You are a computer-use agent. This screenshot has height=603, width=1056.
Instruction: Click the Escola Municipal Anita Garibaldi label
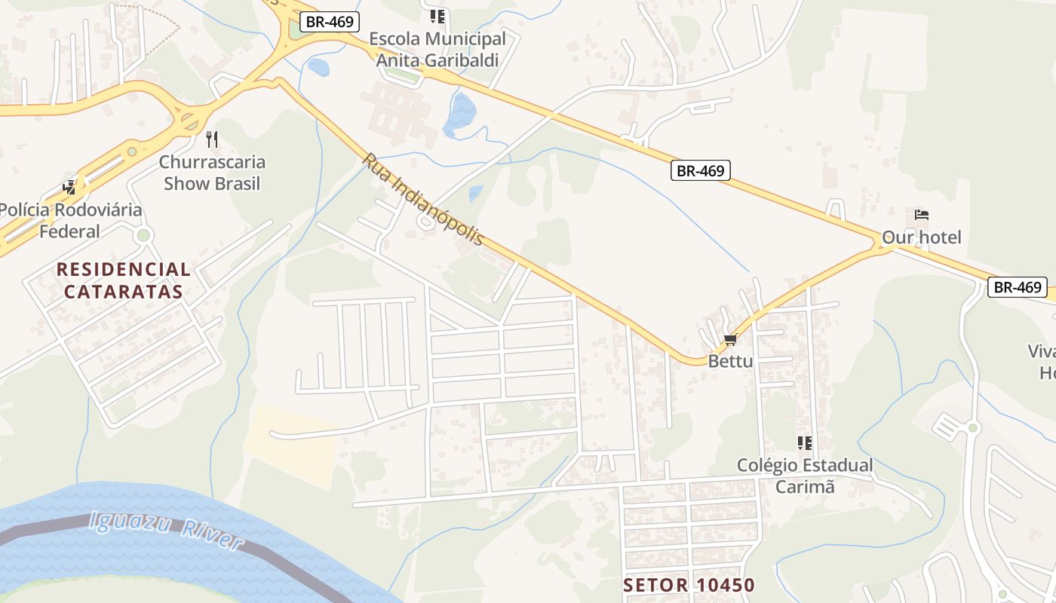click(x=437, y=50)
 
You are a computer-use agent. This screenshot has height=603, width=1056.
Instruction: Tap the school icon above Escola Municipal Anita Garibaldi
click(x=437, y=16)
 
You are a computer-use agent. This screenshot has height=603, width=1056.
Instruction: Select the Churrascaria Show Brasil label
click(x=212, y=173)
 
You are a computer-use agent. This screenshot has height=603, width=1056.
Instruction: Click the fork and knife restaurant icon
click(x=212, y=139)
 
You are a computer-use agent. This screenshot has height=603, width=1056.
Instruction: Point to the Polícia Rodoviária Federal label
click(x=69, y=220)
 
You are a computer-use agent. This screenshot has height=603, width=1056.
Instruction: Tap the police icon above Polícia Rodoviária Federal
click(x=70, y=186)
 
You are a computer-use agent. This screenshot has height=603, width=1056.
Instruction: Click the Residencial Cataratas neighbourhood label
click(x=124, y=280)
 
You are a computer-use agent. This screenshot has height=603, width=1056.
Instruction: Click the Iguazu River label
click(x=166, y=531)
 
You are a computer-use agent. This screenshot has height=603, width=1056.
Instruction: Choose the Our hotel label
click(x=922, y=237)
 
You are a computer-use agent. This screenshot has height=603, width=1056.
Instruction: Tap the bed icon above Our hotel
click(x=921, y=215)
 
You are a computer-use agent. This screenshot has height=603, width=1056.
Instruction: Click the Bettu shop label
click(x=730, y=361)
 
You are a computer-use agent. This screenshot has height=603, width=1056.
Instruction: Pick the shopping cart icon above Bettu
click(x=730, y=340)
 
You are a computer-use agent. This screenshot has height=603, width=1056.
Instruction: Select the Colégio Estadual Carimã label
click(x=805, y=476)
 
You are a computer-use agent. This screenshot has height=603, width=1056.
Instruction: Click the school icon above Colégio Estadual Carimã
click(x=805, y=443)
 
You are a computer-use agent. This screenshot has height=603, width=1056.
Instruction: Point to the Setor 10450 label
click(x=689, y=585)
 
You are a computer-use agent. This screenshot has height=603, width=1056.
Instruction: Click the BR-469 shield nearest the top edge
click(x=330, y=22)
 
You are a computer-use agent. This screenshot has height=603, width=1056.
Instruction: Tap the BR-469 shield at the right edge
click(x=1018, y=287)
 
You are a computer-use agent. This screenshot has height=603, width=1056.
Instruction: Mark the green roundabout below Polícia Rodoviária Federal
click(x=143, y=236)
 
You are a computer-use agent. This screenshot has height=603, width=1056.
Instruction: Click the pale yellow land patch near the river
click(x=294, y=445)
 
